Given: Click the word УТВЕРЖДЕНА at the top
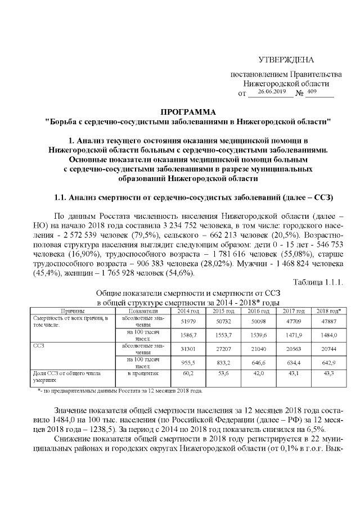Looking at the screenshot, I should (x=286, y=60).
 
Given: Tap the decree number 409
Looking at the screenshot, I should (x=313, y=91).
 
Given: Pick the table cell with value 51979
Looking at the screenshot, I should (x=188, y=321).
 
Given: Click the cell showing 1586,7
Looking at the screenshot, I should (x=188, y=335).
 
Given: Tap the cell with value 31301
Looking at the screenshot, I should (x=188, y=349).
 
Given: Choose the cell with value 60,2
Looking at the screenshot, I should (x=188, y=373).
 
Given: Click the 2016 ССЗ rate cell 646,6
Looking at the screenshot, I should (x=258, y=363).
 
